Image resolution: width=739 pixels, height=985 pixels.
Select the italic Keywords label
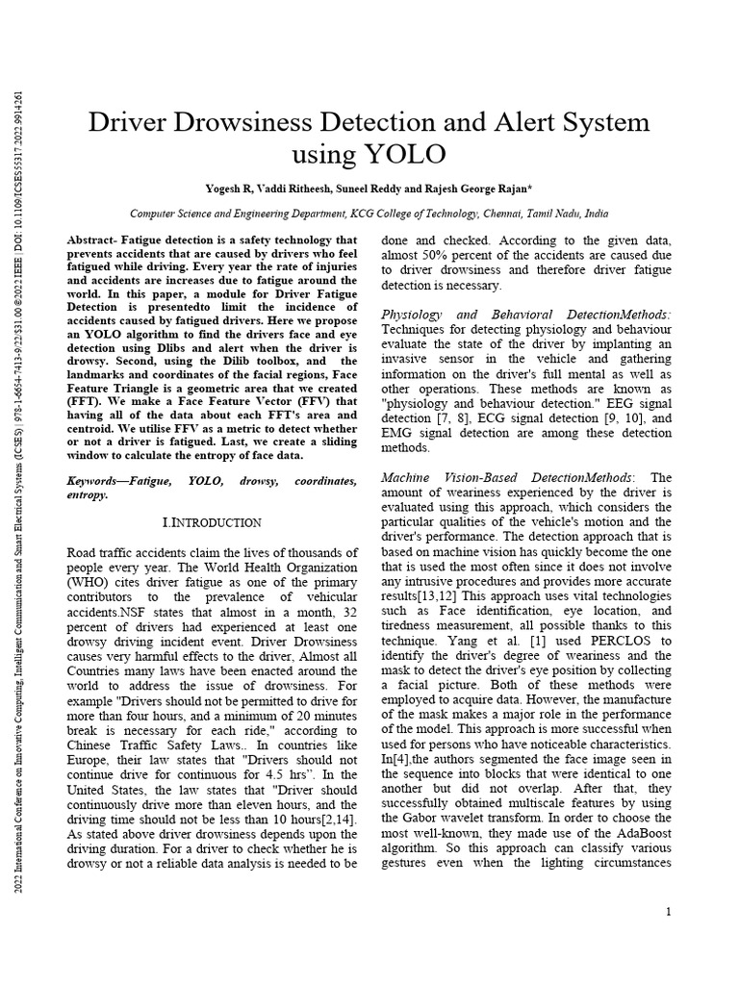tap(103, 480)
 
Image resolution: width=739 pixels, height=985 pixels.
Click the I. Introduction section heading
tap(212, 522)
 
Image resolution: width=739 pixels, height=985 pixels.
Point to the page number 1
tap(668, 911)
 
